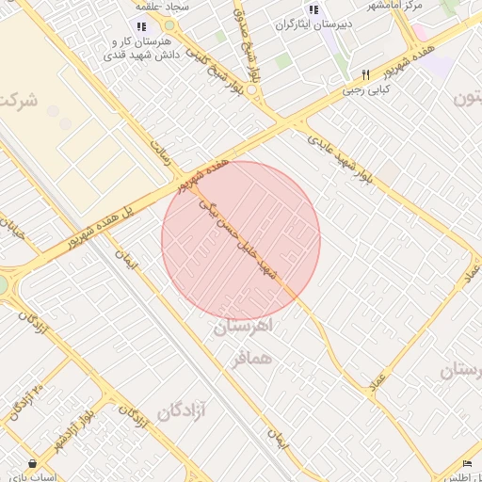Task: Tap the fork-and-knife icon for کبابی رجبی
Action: [x=365, y=74]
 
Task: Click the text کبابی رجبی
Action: [x=365, y=91]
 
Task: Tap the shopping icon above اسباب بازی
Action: [x=33, y=463]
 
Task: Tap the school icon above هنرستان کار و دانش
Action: [x=141, y=27]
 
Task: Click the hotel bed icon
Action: [x=468, y=462]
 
